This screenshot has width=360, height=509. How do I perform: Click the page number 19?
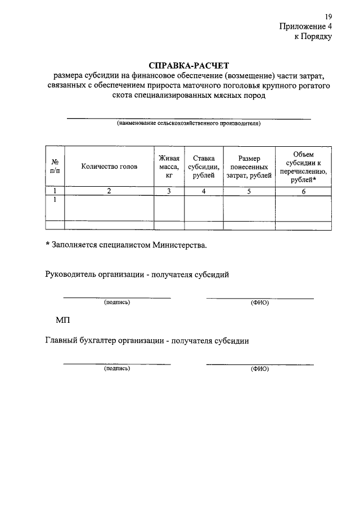[328, 16]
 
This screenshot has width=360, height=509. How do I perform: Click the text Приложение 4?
[306, 26]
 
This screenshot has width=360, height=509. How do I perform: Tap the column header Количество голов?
[109, 166]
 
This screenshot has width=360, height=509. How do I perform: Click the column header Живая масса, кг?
[169, 166]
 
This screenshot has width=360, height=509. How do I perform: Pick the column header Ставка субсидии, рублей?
[204, 166]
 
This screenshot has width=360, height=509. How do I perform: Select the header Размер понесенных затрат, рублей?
[249, 167]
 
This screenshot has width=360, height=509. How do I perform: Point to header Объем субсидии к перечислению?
[303, 167]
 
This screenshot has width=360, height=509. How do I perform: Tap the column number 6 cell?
[303, 191]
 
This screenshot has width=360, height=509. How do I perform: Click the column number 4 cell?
[204, 191]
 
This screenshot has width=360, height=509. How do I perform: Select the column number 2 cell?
[109, 191]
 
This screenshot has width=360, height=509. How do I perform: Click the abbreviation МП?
[62, 319]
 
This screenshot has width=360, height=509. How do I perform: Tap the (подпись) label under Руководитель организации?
[117, 302]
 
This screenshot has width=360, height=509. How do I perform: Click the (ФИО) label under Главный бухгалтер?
[260, 369]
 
